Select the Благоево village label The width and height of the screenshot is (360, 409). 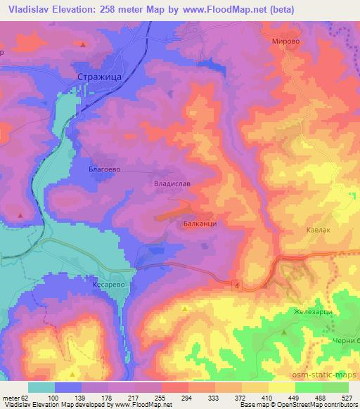pos(107,169)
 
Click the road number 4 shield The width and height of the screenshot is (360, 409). pos(237,284)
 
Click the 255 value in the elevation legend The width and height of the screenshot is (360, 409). pos(160,398)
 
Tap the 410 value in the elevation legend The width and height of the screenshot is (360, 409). pos(268,398)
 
